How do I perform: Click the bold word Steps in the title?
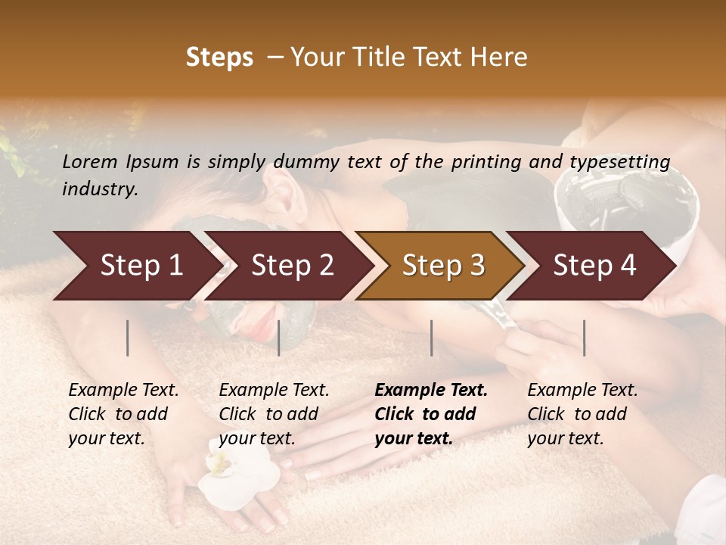(x=219, y=58)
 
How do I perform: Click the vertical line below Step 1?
(x=128, y=338)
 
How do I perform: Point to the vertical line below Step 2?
(x=279, y=338)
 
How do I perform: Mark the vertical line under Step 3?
(x=431, y=338)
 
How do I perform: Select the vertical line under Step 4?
(x=584, y=338)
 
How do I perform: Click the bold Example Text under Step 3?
(x=431, y=391)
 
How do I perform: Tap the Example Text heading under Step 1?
(x=123, y=391)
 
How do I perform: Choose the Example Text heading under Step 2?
(x=274, y=391)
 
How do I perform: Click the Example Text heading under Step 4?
(x=582, y=391)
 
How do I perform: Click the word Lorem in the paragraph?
(x=90, y=161)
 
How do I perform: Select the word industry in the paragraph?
(x=98, y=189)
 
